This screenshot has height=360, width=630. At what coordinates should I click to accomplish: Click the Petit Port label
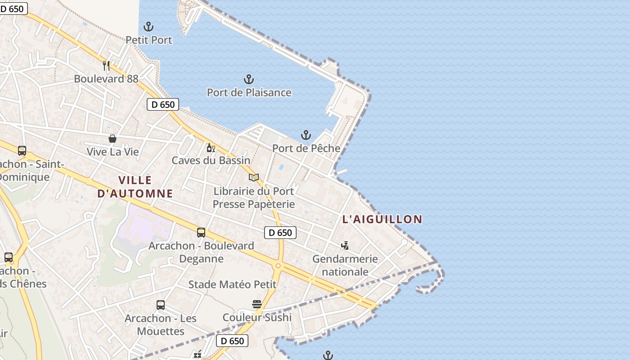(148, 40)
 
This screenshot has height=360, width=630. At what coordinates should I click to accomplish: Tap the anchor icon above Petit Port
(148, 27)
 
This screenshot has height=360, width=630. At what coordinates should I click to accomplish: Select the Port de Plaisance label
(249, 93)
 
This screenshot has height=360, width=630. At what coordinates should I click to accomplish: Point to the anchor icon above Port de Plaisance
(249, 80)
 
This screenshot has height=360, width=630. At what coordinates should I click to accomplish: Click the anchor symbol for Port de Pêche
(306, 135)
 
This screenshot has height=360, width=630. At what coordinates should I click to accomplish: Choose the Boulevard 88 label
(106, 79)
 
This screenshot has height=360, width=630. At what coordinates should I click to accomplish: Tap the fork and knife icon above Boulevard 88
(106, 66)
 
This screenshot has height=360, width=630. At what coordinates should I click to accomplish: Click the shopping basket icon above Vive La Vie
(112, 139)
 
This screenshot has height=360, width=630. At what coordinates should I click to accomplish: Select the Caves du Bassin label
(211, 161)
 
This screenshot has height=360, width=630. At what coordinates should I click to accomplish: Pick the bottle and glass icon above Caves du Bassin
(211, 148)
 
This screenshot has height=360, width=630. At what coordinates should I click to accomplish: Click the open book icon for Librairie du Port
(254, 178)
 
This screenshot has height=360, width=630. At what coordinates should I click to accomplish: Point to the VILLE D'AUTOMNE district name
(135, 187)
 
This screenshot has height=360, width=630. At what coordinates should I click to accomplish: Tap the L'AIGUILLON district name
(382, 220)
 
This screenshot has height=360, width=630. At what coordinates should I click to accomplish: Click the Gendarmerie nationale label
(345, 265)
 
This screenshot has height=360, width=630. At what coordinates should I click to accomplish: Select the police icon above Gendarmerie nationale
(345, 246)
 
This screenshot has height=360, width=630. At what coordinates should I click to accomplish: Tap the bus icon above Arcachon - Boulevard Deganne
(201, 233)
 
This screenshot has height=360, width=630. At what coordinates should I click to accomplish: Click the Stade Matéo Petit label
(232, 284)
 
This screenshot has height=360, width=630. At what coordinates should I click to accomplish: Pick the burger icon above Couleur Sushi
(257, 304)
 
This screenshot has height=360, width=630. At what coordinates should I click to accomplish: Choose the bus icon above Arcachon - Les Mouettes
(161, 305)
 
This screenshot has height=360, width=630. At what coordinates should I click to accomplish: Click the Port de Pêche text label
(306, 148)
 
